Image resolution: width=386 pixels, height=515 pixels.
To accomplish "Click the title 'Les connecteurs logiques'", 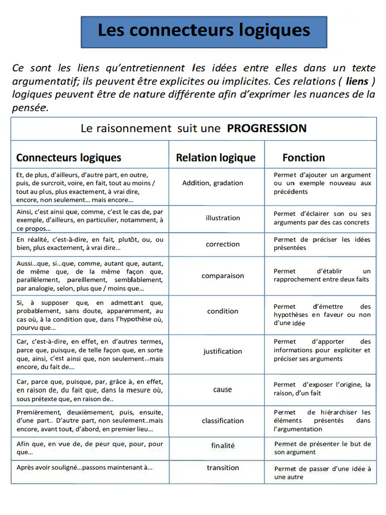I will point(204,31).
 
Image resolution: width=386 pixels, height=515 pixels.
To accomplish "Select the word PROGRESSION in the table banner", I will point(266,128).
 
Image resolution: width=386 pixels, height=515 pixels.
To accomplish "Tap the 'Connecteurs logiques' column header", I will point(69,157).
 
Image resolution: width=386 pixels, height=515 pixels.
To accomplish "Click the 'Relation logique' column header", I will point(216,157).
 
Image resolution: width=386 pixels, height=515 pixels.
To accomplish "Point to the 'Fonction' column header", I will point(304,157).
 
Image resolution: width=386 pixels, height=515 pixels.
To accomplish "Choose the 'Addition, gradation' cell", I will point(213,183).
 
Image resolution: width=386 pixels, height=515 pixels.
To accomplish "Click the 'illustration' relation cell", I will point(223,218).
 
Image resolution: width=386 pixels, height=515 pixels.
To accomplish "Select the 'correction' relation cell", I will point(223,244).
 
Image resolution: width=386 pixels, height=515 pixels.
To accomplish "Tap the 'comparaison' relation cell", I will point(223,276).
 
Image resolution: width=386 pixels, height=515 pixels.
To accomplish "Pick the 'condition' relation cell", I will point(223,311).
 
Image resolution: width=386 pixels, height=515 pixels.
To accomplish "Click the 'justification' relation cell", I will point(223,351).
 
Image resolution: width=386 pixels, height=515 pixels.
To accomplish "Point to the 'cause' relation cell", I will point(223,389).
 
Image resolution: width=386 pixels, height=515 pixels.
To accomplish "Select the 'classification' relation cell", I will point(223,420).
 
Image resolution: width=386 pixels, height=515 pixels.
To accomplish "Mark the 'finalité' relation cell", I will point(223,446).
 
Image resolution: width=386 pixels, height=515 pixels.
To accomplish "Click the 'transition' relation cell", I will point(223,468).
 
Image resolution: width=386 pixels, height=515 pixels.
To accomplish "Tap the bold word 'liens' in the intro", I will point(357,81).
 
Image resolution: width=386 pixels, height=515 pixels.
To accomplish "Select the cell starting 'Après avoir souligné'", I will point(84,467).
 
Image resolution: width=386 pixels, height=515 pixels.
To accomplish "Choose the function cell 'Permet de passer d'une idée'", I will point(322,473).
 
